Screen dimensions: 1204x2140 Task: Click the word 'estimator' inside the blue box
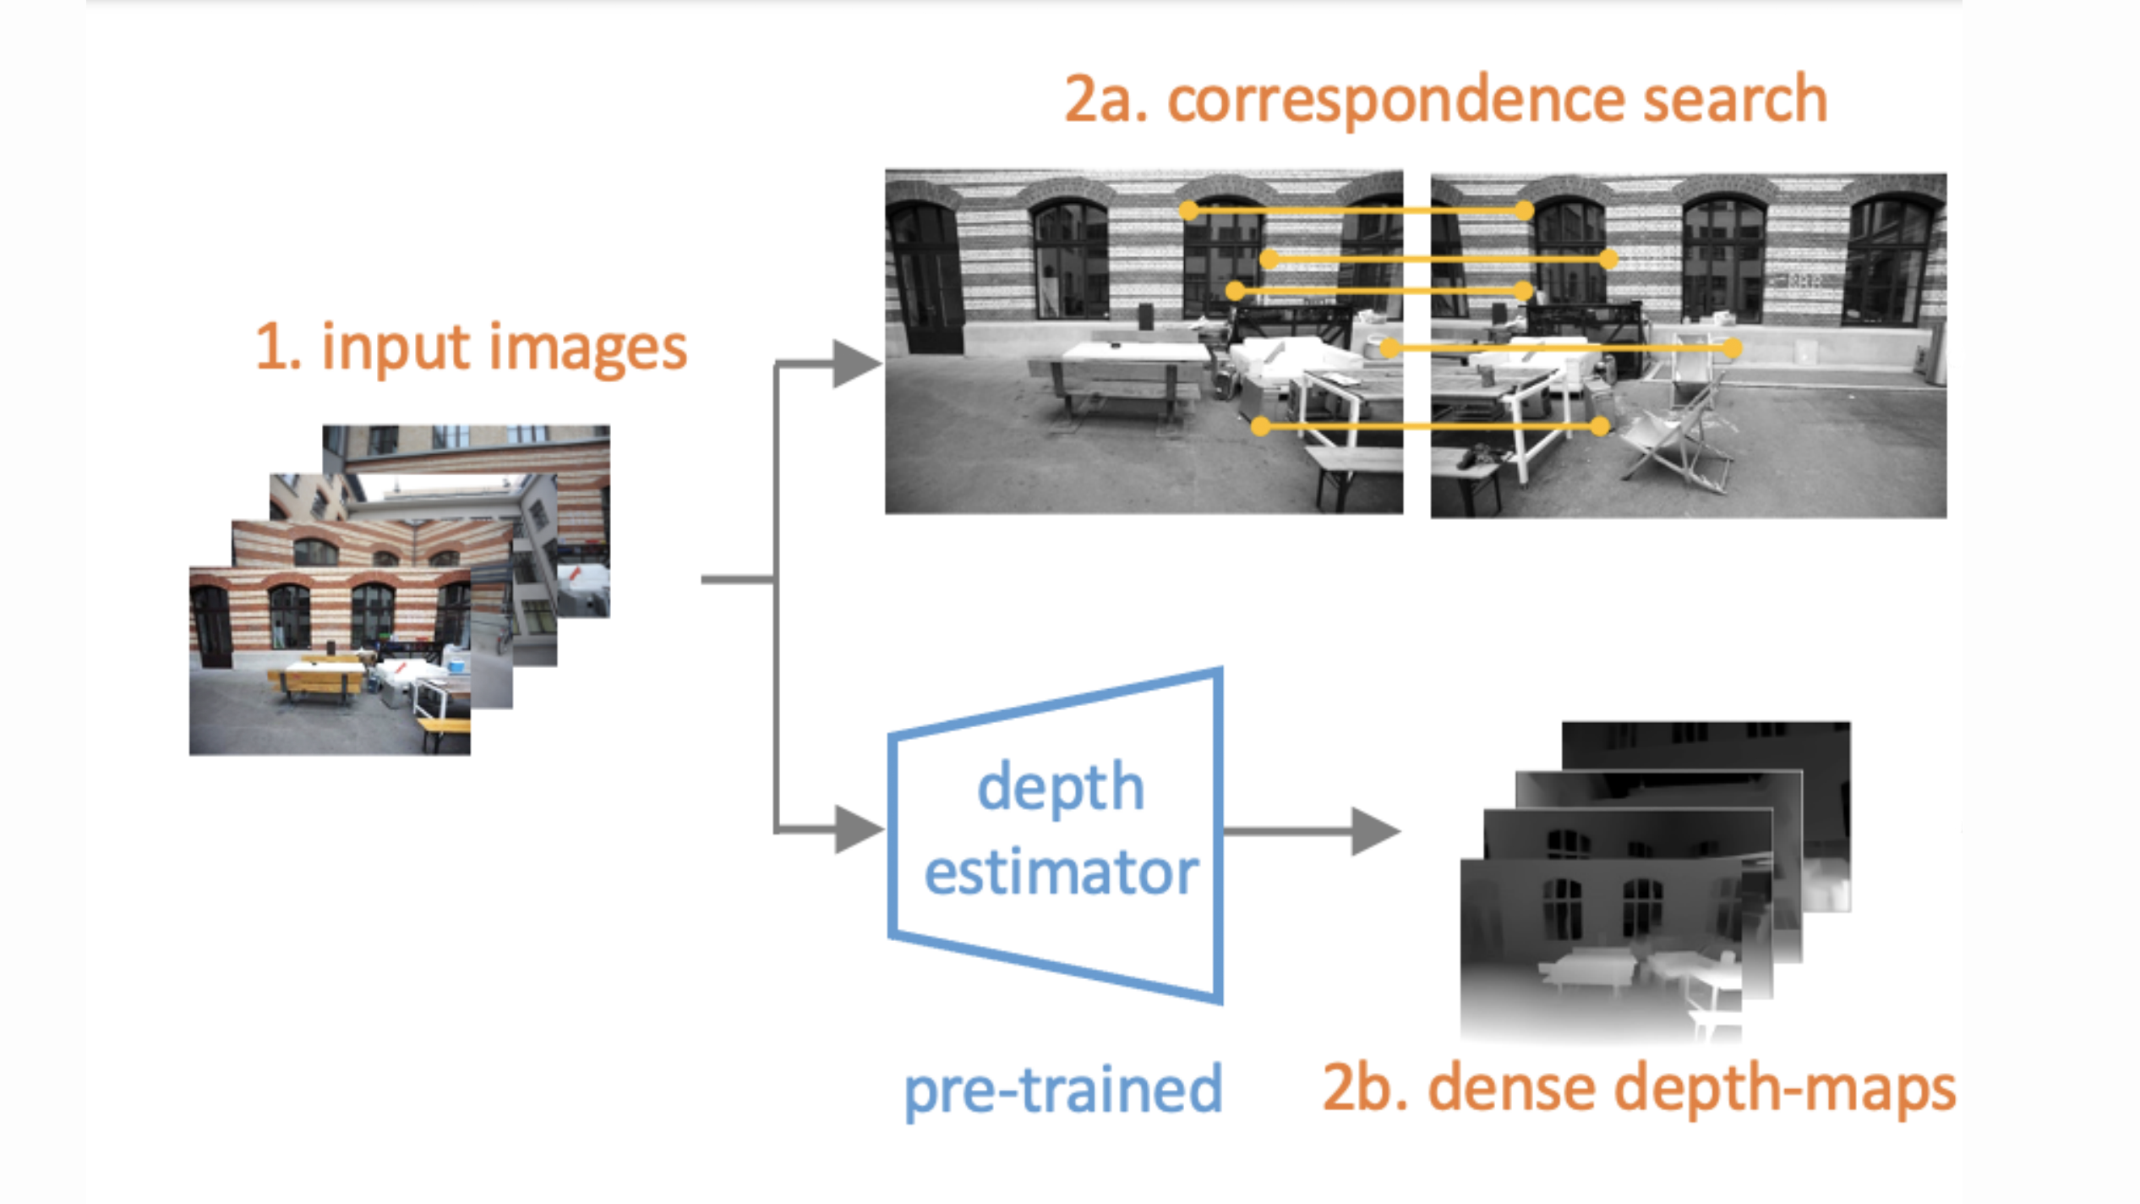pos(1062,873)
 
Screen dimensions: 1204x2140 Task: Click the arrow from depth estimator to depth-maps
pos(1310,831)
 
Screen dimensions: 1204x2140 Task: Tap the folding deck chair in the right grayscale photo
pos(1678,440)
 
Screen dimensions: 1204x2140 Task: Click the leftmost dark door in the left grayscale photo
pos(926,279)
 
